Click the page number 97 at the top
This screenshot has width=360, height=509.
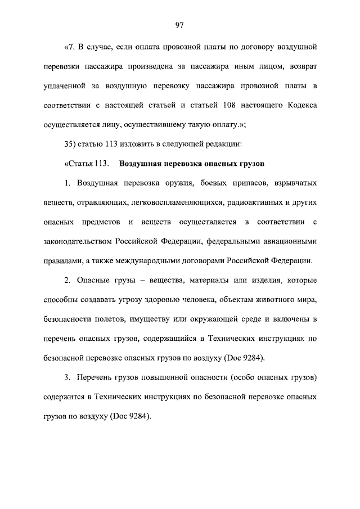click(180, 24)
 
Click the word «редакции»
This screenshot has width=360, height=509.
click(222, 143)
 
